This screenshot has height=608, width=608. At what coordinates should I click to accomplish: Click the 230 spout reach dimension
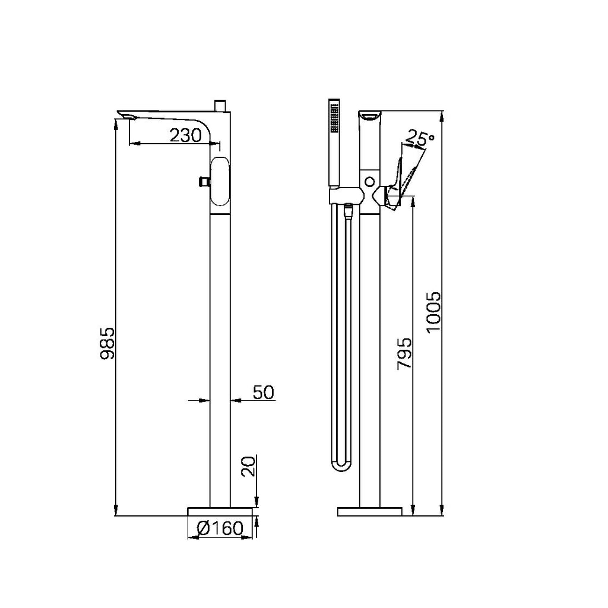coord(186,135)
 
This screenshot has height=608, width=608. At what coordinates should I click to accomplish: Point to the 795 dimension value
coord(404,353)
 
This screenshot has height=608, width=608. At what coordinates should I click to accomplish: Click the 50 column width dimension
coord(264,392)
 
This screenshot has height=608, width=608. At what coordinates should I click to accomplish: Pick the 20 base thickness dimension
coord(249,467)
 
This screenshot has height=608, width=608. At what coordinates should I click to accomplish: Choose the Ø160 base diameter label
coord(220,528)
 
